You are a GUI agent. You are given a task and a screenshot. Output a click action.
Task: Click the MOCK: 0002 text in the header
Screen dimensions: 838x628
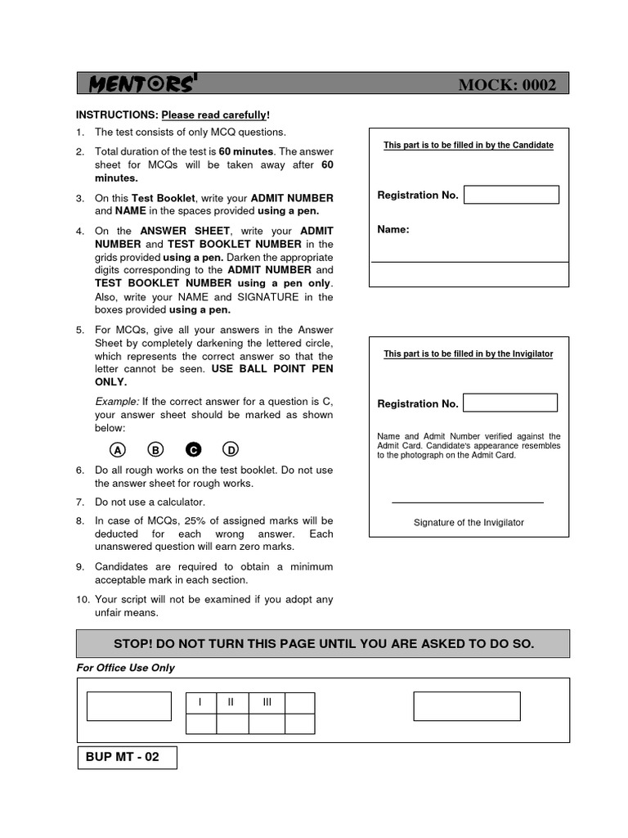tap(507, 85)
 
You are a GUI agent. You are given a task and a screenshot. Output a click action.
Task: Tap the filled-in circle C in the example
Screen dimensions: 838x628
tap(193, 449)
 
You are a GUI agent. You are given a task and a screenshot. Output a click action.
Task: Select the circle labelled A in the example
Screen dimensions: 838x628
tap(118, 449)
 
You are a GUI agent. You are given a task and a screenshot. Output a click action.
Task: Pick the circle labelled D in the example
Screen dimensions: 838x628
tap(231, 449)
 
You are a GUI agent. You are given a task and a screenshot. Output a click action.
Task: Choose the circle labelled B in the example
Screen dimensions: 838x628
tap(155, 449)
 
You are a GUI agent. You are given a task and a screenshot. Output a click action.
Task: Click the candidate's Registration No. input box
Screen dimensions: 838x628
tap(511, 195)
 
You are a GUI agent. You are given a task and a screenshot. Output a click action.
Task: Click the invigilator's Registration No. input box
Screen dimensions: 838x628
tap(510, 403)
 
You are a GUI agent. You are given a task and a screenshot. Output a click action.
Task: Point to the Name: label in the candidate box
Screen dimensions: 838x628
tap(393, 230)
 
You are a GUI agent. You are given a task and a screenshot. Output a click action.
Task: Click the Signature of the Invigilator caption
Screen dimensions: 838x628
tap(469, 522)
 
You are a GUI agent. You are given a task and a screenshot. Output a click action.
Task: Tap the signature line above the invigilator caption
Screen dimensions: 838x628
tap(467, 502)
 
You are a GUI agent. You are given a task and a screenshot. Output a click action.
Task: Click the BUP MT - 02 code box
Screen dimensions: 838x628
tap(127, 758)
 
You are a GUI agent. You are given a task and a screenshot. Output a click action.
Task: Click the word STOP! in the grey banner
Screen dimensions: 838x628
tap(137, 644)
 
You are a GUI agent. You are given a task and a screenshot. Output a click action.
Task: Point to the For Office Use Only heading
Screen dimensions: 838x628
tap(125, 668)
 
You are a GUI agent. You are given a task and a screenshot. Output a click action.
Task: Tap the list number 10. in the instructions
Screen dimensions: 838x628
tap(83, 600)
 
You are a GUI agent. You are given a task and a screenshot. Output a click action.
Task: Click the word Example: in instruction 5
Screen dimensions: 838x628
tap(118, 402)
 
